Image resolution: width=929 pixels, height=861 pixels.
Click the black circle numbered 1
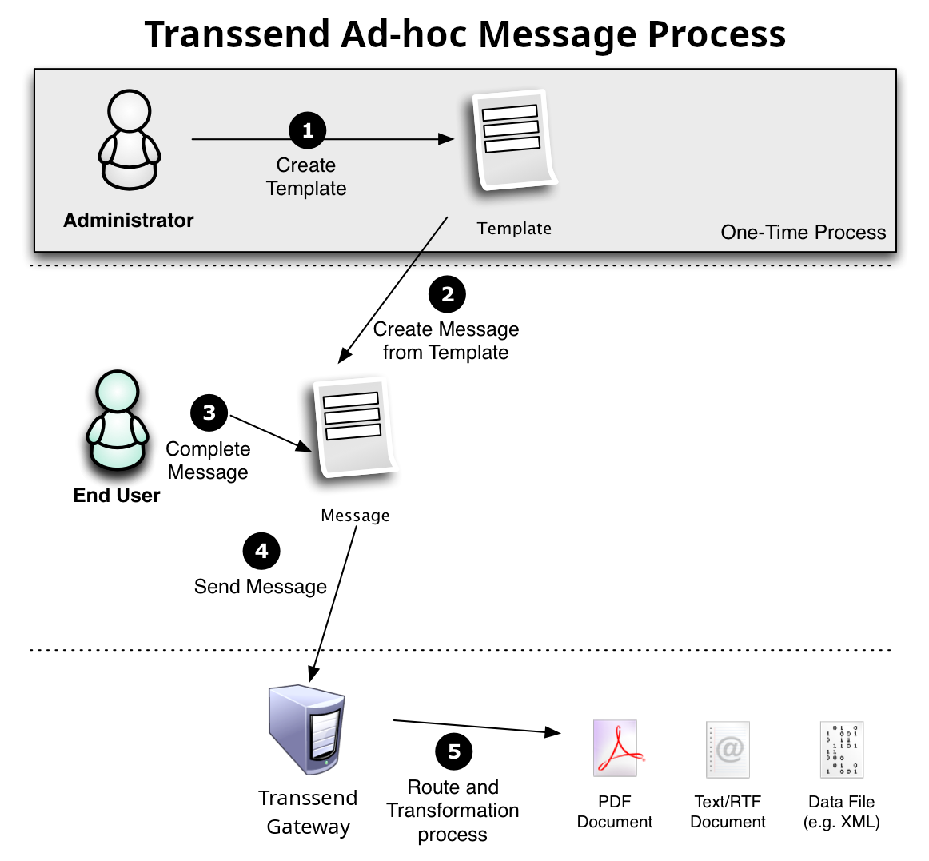click(308, 130)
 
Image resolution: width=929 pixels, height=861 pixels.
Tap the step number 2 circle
click(447, 294)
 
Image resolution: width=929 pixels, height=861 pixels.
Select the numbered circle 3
click(209, 413)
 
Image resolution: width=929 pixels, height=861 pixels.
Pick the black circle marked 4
click(261, 551)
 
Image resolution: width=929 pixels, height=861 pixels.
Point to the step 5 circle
click(454, 751)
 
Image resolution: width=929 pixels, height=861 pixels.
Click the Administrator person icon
click(130, 140)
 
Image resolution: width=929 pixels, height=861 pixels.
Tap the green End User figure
click(118, 421)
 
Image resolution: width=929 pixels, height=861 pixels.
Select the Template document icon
click(512, 141)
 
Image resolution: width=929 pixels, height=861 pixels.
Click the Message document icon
click(354, 428)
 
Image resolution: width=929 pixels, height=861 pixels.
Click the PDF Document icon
click(615, 748)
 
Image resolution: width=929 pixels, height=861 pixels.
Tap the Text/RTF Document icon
click(728, 749)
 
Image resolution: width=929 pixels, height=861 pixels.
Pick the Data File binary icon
click(842, 750)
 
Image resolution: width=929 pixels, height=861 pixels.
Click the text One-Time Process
click(803, 233)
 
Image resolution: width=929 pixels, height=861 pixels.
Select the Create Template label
click(306, 177)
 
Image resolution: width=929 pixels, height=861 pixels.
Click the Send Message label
click(261, 587)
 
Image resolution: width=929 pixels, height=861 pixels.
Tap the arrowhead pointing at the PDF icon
click(552, 731)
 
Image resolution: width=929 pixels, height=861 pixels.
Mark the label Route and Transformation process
click(453, 811)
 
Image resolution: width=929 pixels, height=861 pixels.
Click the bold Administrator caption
click(129, 221)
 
